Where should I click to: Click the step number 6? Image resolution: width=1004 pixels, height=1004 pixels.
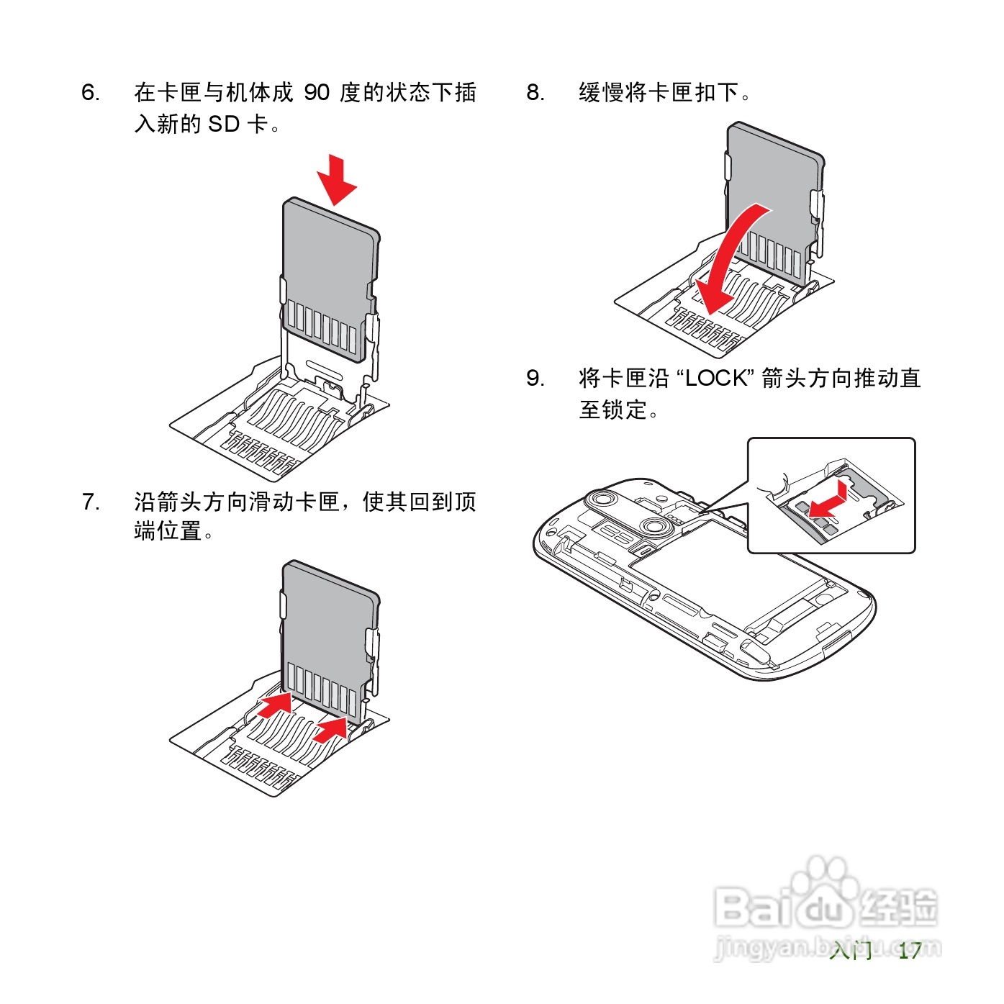pyautogui.click(x=90, y=93)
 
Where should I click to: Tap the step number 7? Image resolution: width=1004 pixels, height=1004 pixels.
pyautogui.click(x=90, y=502)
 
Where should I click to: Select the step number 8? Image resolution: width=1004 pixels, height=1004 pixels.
pyautogui.click(x=535, y=93)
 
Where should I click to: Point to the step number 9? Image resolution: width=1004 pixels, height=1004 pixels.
pyautogui.click(x=535, y=379)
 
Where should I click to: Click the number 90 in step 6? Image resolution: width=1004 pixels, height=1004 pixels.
pyautogui.click(x=317, y=93)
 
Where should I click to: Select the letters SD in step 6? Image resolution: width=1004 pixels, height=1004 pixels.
pyautogui.click(x=223, y=125)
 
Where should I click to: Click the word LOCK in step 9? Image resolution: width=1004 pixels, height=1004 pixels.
pyautogui.click(x=716, y=379)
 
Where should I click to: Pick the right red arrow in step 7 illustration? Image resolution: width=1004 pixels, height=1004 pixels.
pyautogui.click(x=332, y=728)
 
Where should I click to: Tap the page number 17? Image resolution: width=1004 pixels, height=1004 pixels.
pyautogui.click(x=910, y=951)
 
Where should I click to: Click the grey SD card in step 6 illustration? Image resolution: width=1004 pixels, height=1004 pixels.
pyautogui.click(x=330, y=266)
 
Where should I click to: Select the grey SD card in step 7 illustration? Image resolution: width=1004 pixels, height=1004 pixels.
pyautogui.click(x=330, y=626)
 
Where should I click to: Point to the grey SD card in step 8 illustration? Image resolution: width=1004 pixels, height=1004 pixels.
pyautogui.click(x=777, y=187)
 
